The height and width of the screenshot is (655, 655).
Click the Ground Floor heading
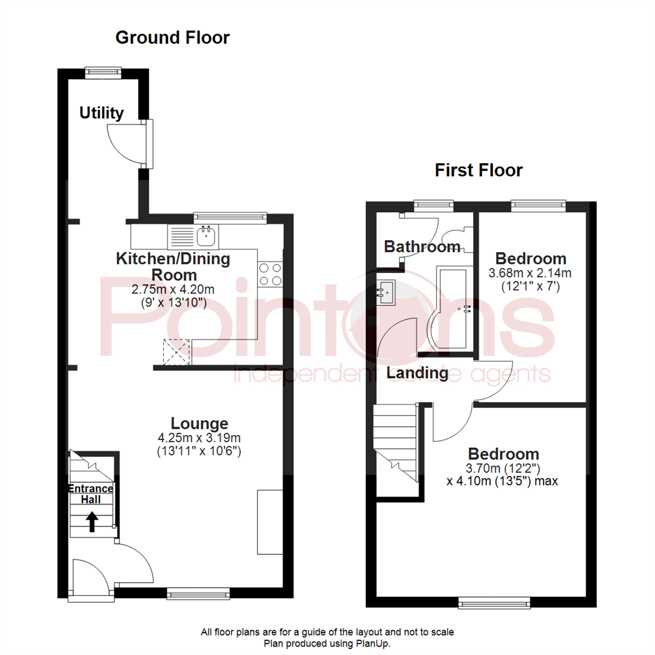(172, 38)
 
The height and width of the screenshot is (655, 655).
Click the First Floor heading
(479, 170)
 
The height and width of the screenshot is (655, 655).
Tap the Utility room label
(102, 113)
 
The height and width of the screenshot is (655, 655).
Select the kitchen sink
(206, 233)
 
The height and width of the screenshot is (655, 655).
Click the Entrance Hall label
(91, 494)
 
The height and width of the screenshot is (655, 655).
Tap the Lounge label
(200, 423)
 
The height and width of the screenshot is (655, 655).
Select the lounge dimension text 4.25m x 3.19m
(200, 437)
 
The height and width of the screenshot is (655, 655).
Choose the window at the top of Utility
(103, 72)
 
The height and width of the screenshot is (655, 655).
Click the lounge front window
(198, 593)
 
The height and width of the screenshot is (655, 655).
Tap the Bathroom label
(422, 247)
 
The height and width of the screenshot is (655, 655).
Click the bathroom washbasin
(386, 292)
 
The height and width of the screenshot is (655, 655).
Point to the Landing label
(417, 373)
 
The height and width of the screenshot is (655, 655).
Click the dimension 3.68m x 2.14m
(530, 273)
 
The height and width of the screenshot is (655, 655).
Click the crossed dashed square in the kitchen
(176, 351)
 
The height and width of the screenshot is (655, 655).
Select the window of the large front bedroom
(494, 602)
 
